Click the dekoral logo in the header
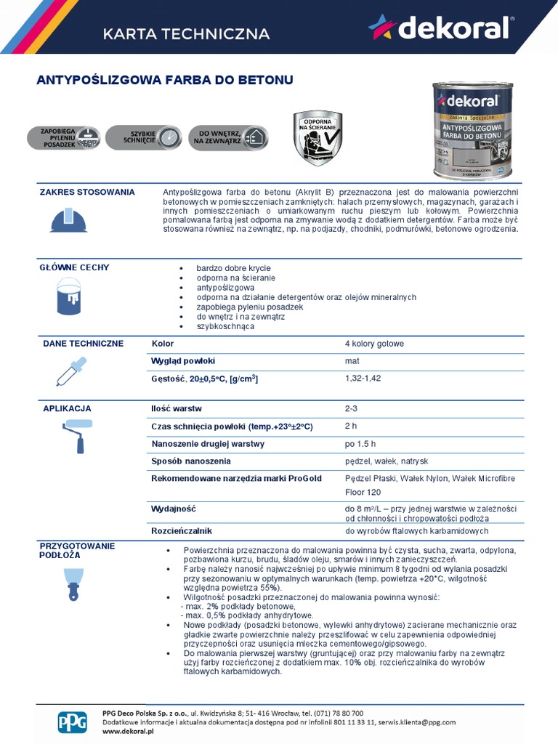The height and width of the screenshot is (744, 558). [439, 28]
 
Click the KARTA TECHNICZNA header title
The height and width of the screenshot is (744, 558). [187, 34]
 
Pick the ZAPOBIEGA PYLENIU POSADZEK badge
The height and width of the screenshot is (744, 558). [64, 137]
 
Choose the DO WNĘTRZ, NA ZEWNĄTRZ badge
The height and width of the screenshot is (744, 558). [228, 137]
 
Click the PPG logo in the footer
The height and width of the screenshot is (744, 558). [72, 721]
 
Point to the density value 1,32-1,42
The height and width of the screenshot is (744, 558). [363, 379]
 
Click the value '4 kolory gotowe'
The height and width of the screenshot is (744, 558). [373, 344]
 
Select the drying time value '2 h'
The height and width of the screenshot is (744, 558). [351, 426]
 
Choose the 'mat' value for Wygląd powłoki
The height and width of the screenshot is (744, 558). [352, 361]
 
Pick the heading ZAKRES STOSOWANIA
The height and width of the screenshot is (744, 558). [86, 193]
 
